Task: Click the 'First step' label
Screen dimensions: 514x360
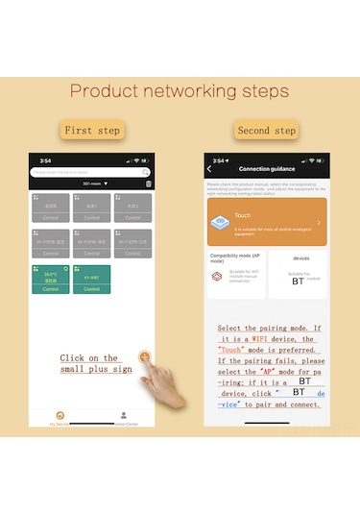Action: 92,131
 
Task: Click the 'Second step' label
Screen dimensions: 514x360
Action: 266,131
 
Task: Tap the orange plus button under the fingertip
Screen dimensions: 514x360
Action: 145,357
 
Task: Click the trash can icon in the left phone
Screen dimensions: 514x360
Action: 149,184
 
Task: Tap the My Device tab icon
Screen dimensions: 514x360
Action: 60,416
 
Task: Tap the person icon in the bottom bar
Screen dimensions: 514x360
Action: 123,416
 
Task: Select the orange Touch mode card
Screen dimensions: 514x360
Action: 266,222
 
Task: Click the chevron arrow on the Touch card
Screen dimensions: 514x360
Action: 319,223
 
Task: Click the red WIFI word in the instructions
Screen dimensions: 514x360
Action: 287,339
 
